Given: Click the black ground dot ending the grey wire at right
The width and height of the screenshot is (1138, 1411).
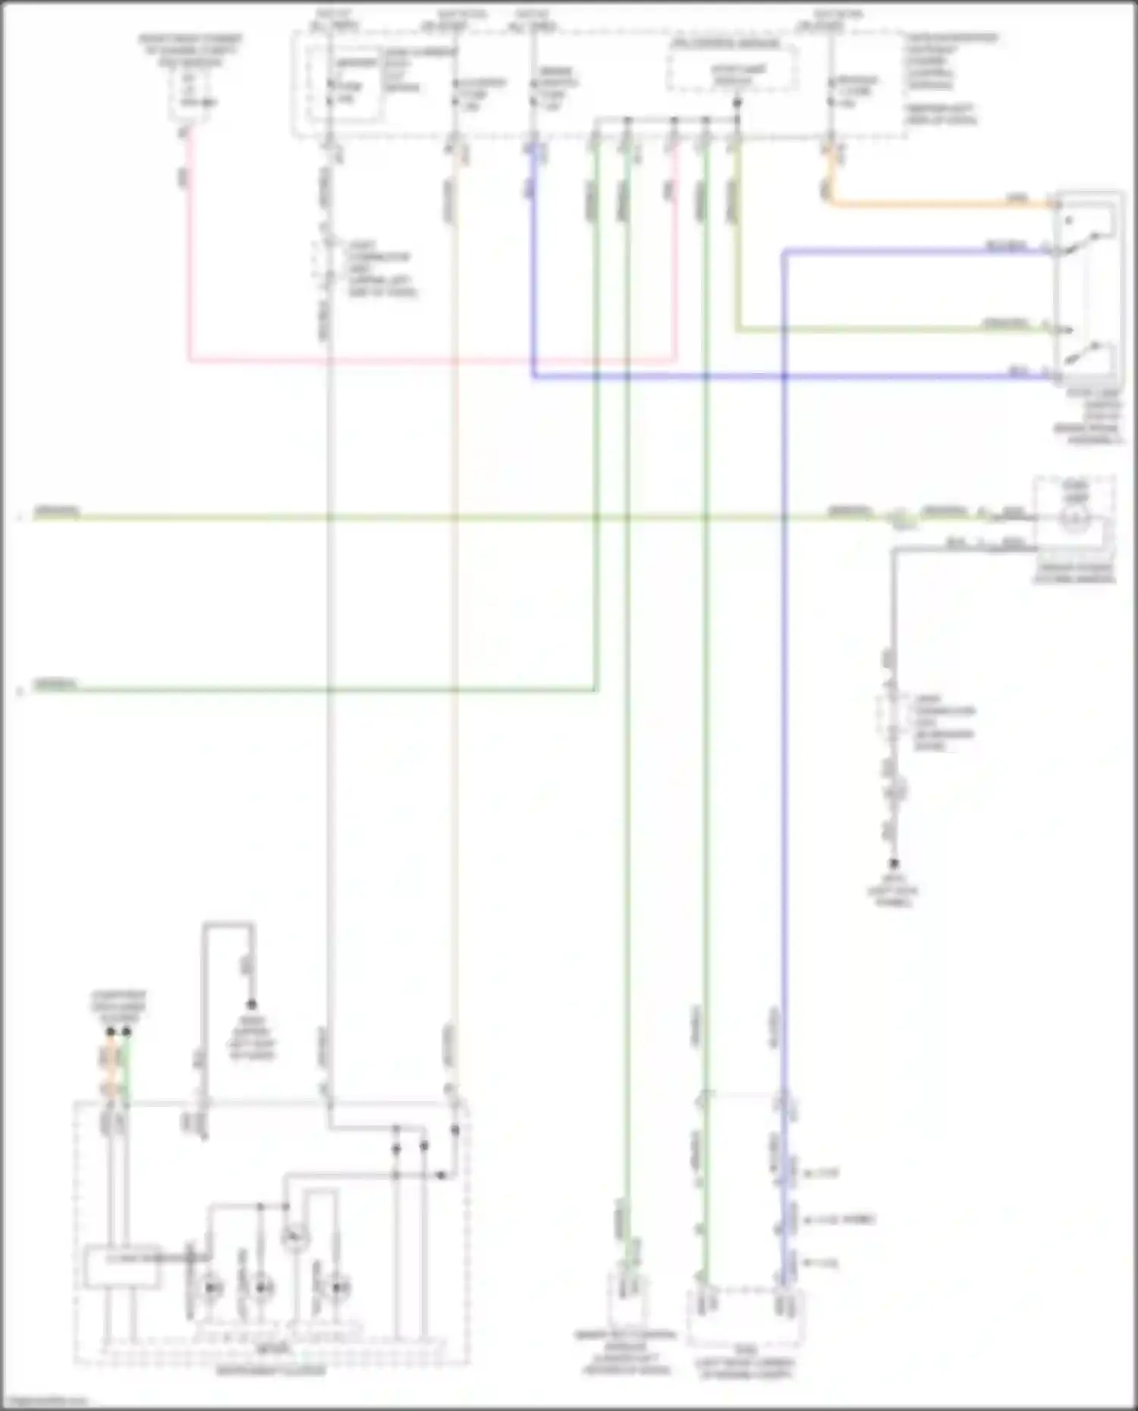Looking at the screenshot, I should (x=894, y=864).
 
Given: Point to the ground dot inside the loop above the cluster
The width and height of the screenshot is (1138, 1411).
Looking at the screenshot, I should (x=251, y=1005).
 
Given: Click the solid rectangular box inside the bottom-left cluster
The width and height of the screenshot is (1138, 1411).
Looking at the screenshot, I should (x=122, y=1266).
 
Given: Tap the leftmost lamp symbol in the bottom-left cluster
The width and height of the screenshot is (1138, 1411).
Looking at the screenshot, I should (x=210, y=1287).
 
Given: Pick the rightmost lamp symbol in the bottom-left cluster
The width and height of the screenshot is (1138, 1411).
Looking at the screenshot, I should (x=338, y=1287).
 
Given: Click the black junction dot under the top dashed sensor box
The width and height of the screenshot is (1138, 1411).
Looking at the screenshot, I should (x=737, y=102).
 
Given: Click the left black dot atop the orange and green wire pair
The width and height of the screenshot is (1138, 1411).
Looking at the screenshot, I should (x=111, y=1032).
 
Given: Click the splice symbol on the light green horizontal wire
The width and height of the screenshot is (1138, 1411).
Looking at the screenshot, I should (x=899, y=518).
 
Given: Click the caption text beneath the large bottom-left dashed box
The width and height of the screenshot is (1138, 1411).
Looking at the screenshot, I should (x=271, y=1371).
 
